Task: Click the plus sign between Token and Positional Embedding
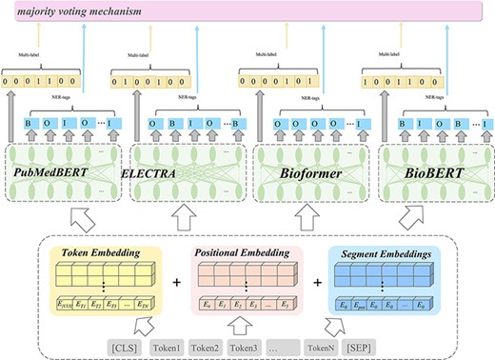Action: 171,283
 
